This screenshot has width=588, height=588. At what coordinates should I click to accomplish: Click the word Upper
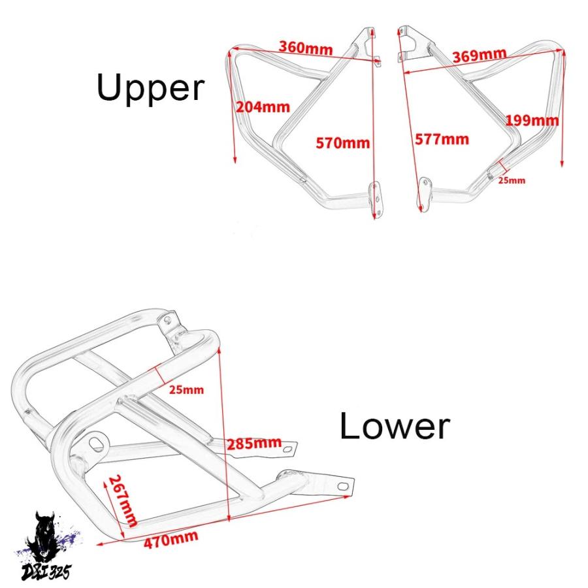tap(150, 88)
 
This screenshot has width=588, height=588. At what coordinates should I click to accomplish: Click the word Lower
tap(395, 426)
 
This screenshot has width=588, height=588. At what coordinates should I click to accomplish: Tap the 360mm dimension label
tap(306, 48)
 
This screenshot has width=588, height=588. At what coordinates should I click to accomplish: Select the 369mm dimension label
tap(480, 55)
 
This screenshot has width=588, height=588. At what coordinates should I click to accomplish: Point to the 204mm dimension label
tap(263, 107)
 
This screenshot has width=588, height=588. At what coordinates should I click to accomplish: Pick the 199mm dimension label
tap(532, 120)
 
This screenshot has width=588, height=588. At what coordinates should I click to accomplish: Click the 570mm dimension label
tap(343, 143)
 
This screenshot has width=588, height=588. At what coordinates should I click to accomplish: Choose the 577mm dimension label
tap(442, 140)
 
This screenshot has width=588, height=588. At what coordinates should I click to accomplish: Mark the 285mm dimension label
tap(254, 444)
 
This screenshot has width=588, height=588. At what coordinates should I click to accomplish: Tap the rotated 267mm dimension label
tap(123, 500)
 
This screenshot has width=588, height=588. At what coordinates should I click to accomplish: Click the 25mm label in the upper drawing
tap(512, 180)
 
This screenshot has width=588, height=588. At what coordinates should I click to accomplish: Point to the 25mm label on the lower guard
tap(186, 389)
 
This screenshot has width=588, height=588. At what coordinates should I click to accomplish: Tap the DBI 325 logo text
tap(46, 572)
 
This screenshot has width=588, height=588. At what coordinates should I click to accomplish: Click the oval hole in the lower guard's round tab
tap(97, 442)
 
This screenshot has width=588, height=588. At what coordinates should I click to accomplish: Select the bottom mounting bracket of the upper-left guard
tap(375, 200)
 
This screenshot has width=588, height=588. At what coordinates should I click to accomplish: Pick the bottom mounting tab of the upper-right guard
tap(424, 194)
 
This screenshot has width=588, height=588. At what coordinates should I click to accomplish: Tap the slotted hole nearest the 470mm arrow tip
tap(343, 486)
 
